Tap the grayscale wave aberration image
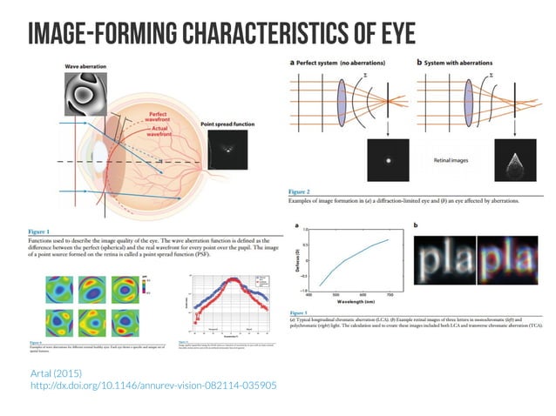coord(86,93)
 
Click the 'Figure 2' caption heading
coord(301,189)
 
